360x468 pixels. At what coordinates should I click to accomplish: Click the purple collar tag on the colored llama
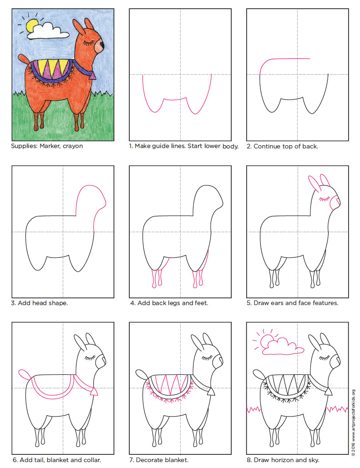pos(93,76)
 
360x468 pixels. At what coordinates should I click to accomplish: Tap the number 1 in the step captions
pos(131,146)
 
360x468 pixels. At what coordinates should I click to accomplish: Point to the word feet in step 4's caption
pos(200,302)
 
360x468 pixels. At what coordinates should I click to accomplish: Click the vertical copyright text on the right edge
pos(353,421)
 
